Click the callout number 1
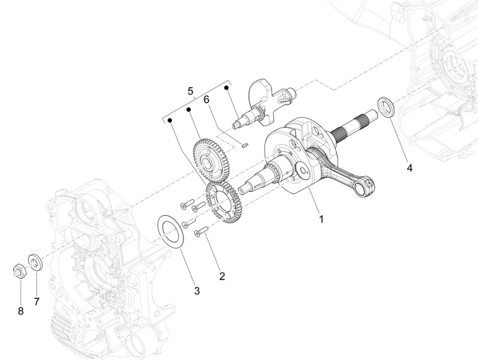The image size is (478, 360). pos(321,219)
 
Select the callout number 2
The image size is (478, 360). pos(222,276)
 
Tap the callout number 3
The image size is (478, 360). pos(197,291)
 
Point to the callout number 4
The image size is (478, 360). pos(410,167)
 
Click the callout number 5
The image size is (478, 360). pos(191,91)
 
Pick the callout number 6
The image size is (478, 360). pos(207,99)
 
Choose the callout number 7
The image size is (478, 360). pos(36,302)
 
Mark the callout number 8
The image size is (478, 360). pos(21,312)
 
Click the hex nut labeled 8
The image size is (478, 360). pos(20,269)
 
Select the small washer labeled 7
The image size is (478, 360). pos(35,262)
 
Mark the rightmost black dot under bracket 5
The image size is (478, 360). pos(226,88)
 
